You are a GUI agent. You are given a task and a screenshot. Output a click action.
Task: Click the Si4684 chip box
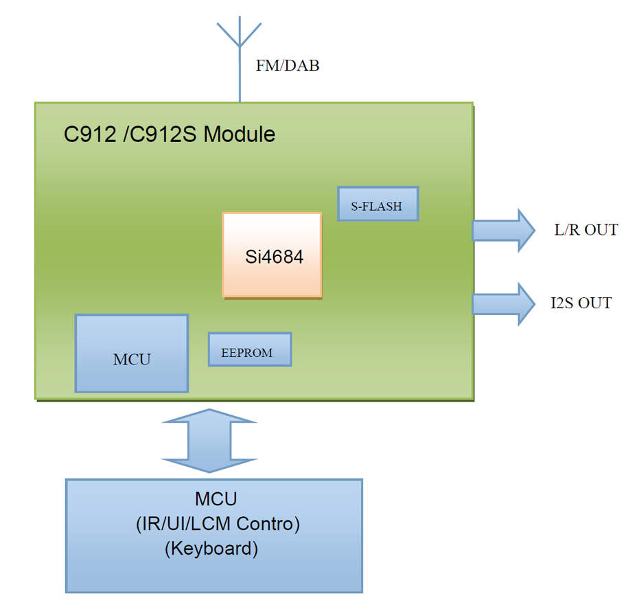(x=273, y=255)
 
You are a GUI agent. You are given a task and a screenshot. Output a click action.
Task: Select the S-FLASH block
(x=378, y=204)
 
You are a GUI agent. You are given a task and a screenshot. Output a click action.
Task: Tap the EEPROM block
(x=250, y=349)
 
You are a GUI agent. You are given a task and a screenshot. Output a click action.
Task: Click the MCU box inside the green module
(x=132, y=354)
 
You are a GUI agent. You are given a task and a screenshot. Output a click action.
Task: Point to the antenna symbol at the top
(x=240, y=32)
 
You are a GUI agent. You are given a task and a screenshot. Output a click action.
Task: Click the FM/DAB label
(x=288, y=65)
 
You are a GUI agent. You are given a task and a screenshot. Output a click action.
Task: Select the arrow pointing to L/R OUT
(x=503, y=231)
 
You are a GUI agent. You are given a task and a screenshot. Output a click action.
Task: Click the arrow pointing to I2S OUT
(x=503, y=304)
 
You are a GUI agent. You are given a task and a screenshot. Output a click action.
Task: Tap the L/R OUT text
(x=586, y=230)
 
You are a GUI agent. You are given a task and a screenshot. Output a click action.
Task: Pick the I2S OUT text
(x=581, y=303)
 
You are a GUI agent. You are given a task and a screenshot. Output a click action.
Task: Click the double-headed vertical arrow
(x=209, y=441)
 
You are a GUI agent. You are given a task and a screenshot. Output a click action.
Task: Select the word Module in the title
(x=240, y=134)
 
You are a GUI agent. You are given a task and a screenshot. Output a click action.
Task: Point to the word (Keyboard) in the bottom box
(x=211, y=548)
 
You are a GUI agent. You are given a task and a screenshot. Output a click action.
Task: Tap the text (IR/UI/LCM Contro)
(x=218, y=524)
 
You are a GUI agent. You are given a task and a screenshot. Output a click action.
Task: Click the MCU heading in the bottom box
(x=216, y=499)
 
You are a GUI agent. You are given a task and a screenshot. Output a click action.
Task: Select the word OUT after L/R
(x=601, y=230)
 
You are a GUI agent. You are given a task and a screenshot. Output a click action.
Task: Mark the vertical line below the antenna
(x=240, y=75)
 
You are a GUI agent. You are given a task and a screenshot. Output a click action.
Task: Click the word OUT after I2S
(x=595, y=303)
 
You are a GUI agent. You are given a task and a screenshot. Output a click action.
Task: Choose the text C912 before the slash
(x=90, y=134)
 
